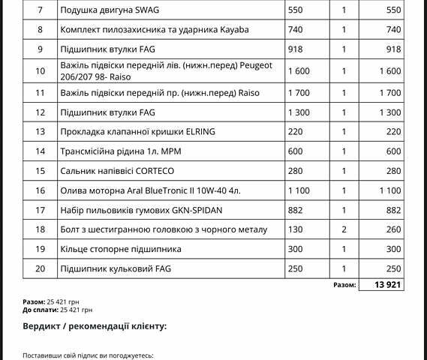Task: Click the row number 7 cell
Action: (x=40, y=11)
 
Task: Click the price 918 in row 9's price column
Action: (x=296, y=49)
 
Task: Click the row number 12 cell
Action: (x=40, y=112)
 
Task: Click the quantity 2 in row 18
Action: (x=344, y=229)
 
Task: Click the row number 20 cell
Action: (x=40, y=268)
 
